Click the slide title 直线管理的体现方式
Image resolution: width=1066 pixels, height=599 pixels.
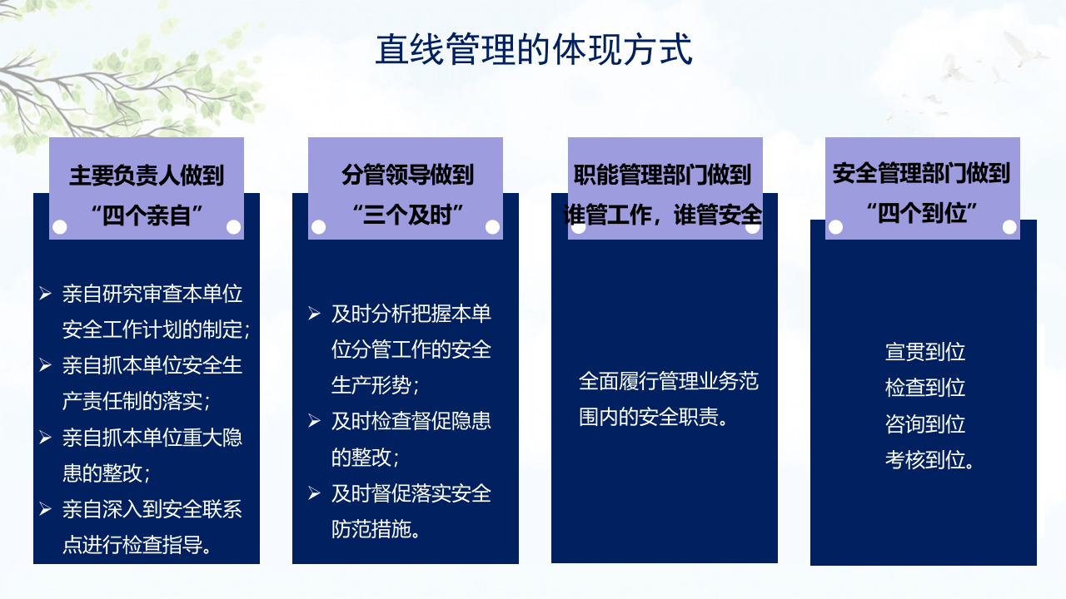tap(533, 50)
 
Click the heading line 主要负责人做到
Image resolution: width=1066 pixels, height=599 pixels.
tap(147, 176)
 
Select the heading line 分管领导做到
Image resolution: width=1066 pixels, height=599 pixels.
tap(406, 175)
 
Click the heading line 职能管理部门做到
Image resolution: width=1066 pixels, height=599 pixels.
tap(663, 175)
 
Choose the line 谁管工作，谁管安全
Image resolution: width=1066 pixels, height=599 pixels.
tap(663, 214)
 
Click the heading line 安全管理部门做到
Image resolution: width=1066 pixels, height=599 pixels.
tap(921, 173)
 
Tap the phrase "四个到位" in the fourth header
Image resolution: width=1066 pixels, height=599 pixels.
tap(921, 212)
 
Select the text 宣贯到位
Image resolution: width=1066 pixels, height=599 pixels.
tap(924, 351)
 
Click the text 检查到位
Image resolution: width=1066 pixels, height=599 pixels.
tap(924, 387)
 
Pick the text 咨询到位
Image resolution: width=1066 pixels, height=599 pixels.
tap(924, 423)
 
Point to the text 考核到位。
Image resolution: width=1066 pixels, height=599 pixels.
tap(929, 459)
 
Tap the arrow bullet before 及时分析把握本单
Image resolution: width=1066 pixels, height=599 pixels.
tap(314, 313)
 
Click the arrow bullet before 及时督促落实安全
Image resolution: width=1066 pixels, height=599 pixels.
tap(314, 493)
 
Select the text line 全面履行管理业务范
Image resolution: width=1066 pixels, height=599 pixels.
tap(668, 381)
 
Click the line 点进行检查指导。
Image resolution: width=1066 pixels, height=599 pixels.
tap(137, 545)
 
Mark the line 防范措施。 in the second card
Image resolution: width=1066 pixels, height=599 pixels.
tap(376, 528)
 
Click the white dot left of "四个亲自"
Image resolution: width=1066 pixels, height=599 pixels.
tap(60, 227)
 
